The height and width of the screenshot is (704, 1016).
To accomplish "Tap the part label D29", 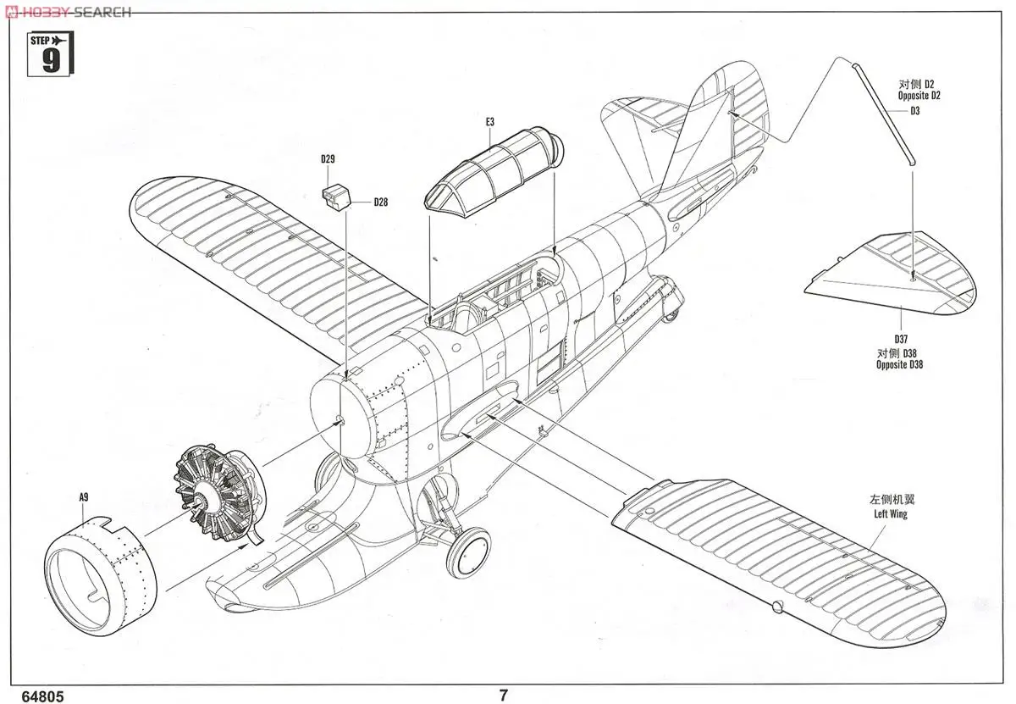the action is [x=329, y=159].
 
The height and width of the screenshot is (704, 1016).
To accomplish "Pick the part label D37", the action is [x=899, y=338].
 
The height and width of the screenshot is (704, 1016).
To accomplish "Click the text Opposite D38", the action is [x=899, y=365].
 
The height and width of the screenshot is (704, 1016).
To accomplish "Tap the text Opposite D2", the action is [x=919, y=96].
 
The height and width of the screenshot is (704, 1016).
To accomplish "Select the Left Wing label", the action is [x=890, y=514].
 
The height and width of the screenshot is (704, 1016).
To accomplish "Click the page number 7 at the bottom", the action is [x=504, y=696].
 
